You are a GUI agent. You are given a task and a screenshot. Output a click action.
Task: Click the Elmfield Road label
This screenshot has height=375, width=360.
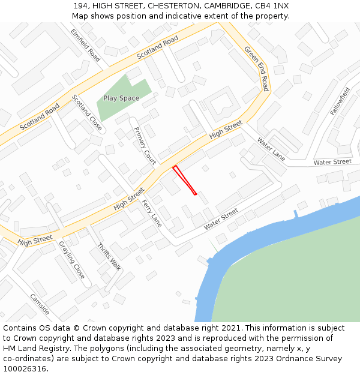[85, 45]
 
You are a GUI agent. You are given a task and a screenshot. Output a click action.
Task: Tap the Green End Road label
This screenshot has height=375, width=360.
[257, 68]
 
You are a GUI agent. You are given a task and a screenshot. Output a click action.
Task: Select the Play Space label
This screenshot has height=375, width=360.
[121, 98]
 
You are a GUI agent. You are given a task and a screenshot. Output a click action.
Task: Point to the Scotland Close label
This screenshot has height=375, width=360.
[87, 113]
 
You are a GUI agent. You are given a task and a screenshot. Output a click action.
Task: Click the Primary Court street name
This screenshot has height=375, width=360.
[145, 146]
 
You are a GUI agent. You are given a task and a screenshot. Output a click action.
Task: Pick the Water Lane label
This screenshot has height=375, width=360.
[271, 149]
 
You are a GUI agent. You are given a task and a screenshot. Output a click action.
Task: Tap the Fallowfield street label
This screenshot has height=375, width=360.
[340, 101]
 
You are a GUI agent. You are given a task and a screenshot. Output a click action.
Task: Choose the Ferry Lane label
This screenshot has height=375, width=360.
[152, 213]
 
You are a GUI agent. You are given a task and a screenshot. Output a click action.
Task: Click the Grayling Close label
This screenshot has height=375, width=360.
[72, 260]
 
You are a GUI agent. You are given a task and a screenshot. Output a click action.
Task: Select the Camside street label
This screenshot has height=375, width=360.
[40, 304]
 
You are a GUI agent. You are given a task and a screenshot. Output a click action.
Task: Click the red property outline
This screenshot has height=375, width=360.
[185, 181]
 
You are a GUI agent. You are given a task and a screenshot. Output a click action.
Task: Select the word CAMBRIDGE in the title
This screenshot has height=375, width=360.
[231, 5]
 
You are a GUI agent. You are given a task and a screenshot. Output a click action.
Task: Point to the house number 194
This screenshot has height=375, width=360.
[82, 5]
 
